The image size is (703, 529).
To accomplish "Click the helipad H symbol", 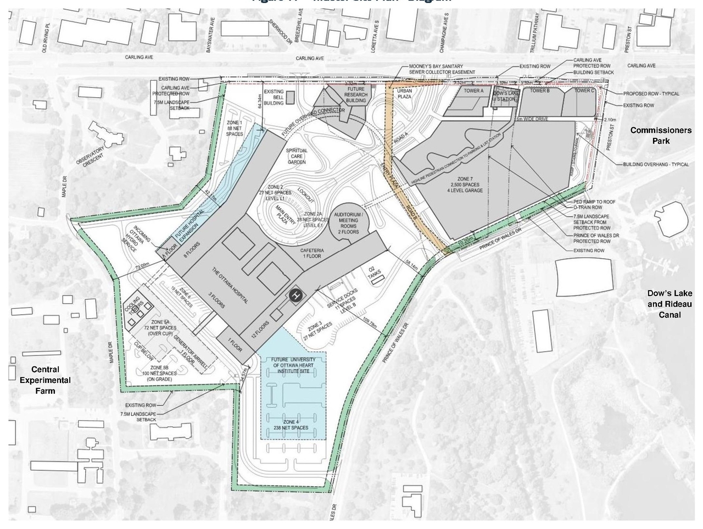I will tap(296, 296).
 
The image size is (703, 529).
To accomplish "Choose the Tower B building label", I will tap(540, 91).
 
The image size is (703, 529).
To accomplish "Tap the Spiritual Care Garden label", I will tap(297, 156).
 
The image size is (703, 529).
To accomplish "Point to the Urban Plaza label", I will tap(405, 94).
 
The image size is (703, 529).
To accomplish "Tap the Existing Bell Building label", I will tap(274, 97).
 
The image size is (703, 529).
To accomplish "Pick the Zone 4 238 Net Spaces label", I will tap(292, 424).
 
